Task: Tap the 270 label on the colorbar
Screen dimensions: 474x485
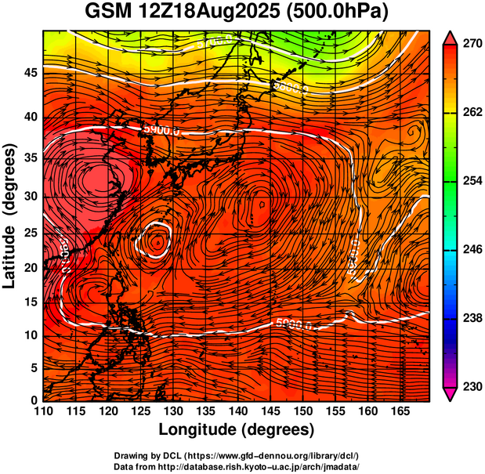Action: (470, 45)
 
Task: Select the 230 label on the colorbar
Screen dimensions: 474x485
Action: (470, 387)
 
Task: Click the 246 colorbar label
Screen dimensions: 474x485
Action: (470, 250)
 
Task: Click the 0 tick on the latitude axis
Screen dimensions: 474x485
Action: (34, 400)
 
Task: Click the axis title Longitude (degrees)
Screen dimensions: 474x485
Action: (237, 430)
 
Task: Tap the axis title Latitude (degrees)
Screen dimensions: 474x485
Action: (11, 215)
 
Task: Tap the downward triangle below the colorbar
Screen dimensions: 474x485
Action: (450, 394)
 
